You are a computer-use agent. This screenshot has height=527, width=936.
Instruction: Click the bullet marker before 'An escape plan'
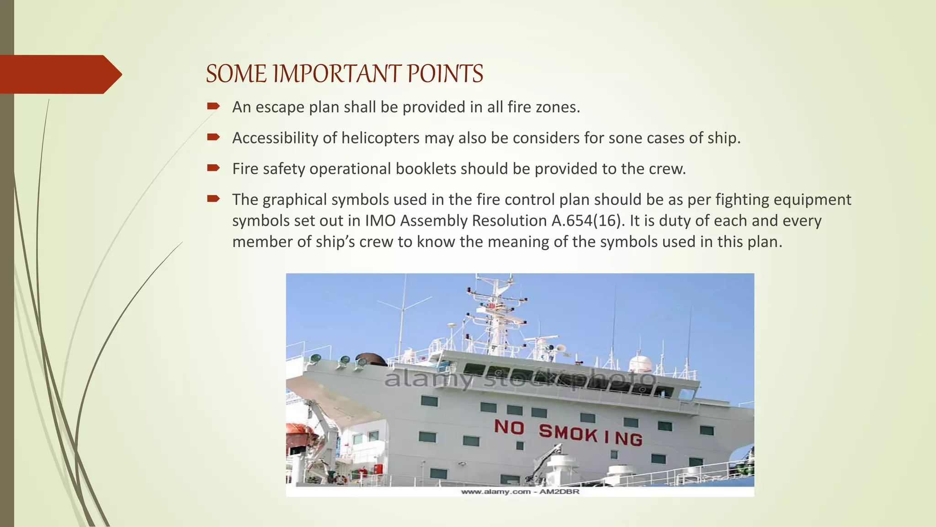click(213, 107)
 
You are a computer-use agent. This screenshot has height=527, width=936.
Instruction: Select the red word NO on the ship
click(509, 427)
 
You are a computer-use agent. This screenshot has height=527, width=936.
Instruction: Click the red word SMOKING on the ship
click(590, 435)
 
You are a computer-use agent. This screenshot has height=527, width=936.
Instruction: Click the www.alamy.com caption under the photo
click(520, 492)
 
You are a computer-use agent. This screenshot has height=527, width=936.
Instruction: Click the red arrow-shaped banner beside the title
click(59, 74)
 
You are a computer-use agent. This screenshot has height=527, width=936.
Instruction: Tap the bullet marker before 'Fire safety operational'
click(213, 168)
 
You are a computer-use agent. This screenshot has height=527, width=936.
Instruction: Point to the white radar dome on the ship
click(640, 363)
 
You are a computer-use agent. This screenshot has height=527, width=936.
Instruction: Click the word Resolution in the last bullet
click(509, 221)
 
